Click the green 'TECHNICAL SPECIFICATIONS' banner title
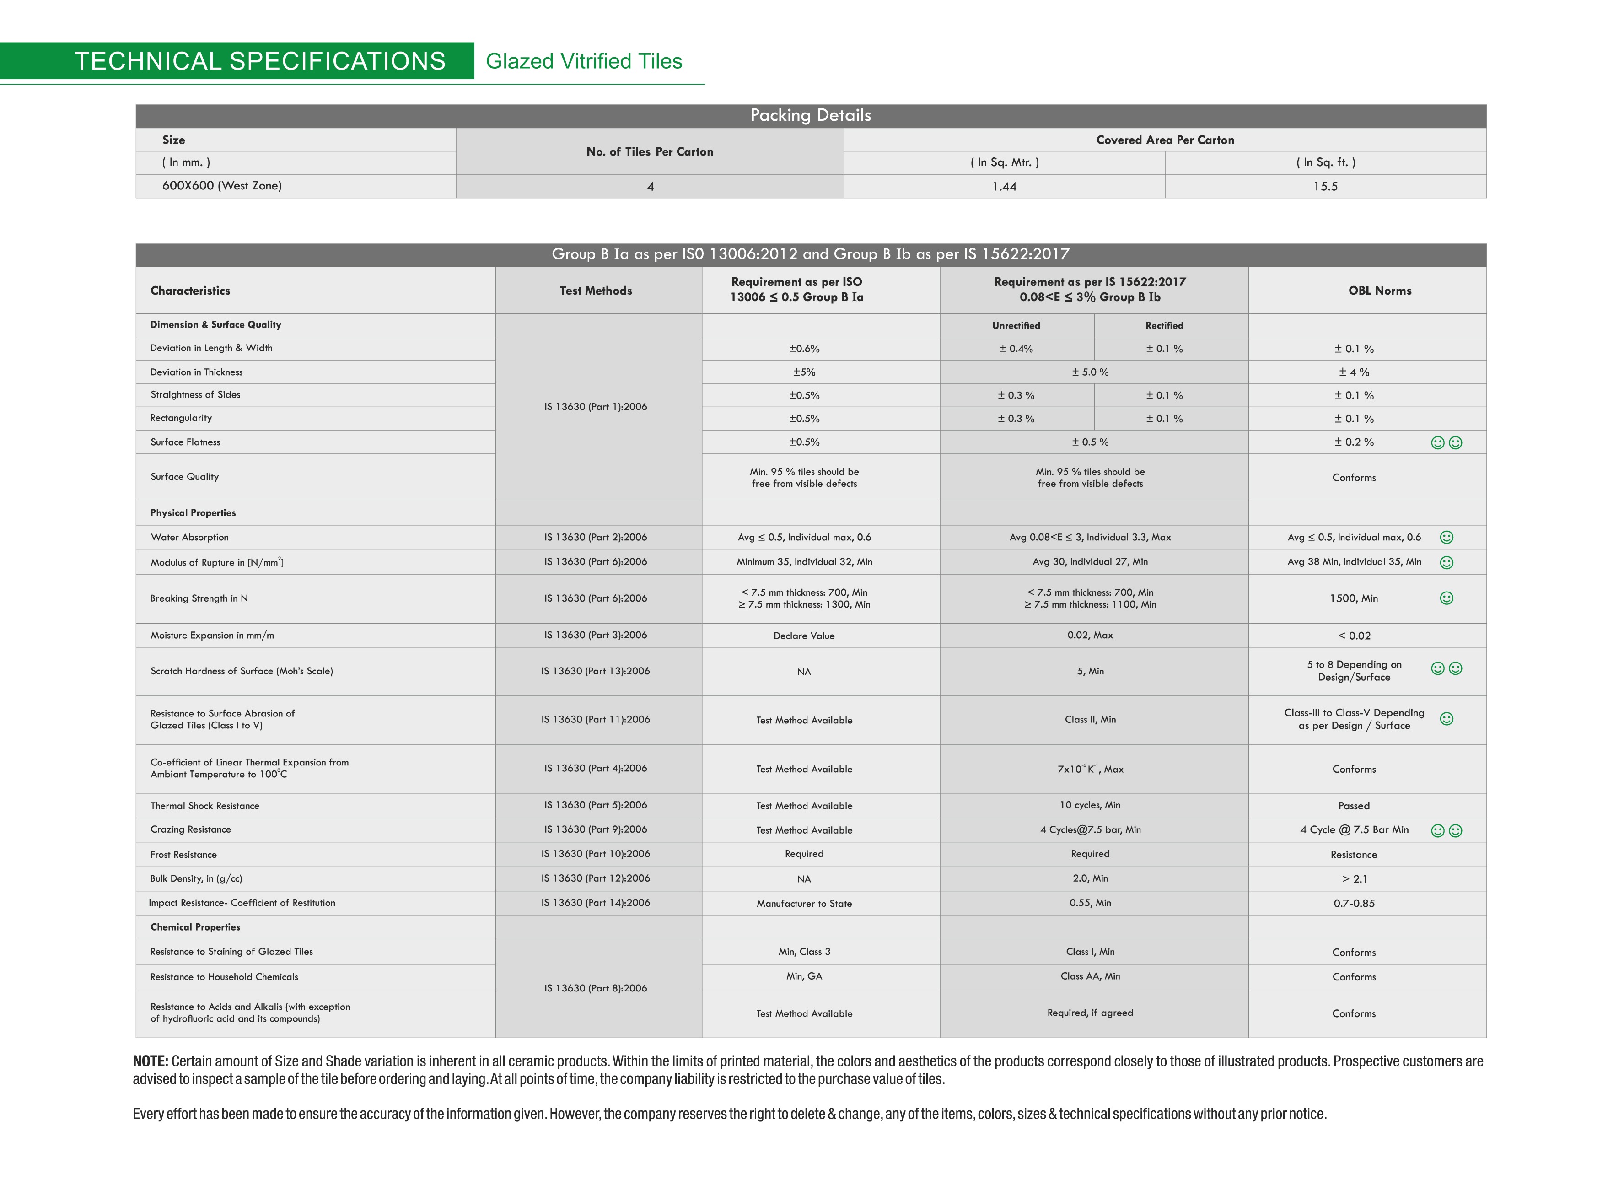pos(259,61)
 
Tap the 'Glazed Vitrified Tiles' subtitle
pos(584,62)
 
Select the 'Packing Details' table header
pos(810,115)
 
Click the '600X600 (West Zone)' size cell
pos(221,186)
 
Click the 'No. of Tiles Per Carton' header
pos(650,151)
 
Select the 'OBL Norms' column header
pos(1380,291)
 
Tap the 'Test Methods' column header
pos(596,291)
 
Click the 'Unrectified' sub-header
pos(1016,326)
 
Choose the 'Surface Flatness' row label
pos(185,442)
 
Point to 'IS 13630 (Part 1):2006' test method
pos(595,407)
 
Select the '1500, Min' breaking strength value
pos(1354,598)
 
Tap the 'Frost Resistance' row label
pos(183,854)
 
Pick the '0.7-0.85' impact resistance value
pos(1354,903)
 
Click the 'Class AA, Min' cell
pos(1090,976)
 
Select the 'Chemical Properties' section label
pos(195,927)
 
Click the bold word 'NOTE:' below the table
pos(151,1061)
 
